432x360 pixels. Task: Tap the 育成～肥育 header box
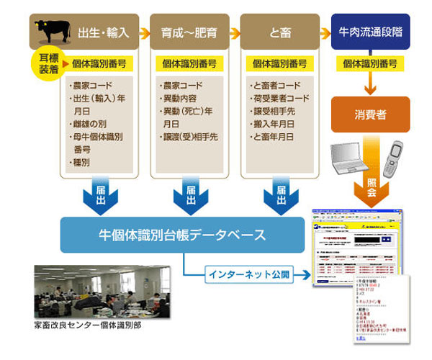189,32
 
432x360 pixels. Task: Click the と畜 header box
279,32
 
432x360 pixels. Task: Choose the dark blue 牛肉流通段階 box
370,32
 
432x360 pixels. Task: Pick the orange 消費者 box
370,114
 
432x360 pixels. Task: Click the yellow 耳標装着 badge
45,63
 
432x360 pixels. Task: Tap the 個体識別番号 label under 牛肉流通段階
370,63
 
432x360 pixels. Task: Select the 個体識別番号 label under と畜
279,63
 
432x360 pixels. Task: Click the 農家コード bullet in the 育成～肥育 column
183,86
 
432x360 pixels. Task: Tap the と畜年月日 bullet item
273,136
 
